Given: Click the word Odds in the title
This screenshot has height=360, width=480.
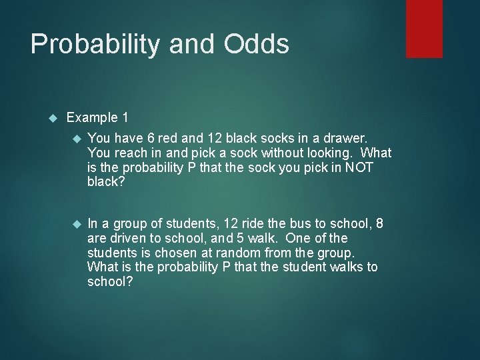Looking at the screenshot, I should tap(257, 45).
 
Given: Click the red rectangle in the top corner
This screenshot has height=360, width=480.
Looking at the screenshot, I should tap(424, 28).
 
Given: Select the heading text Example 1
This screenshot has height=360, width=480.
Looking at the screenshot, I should tap(97, 118).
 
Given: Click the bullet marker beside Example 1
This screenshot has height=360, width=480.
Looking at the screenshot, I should tap(54, 119).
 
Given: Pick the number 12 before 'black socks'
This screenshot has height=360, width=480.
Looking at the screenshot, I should tap(213, 139).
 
